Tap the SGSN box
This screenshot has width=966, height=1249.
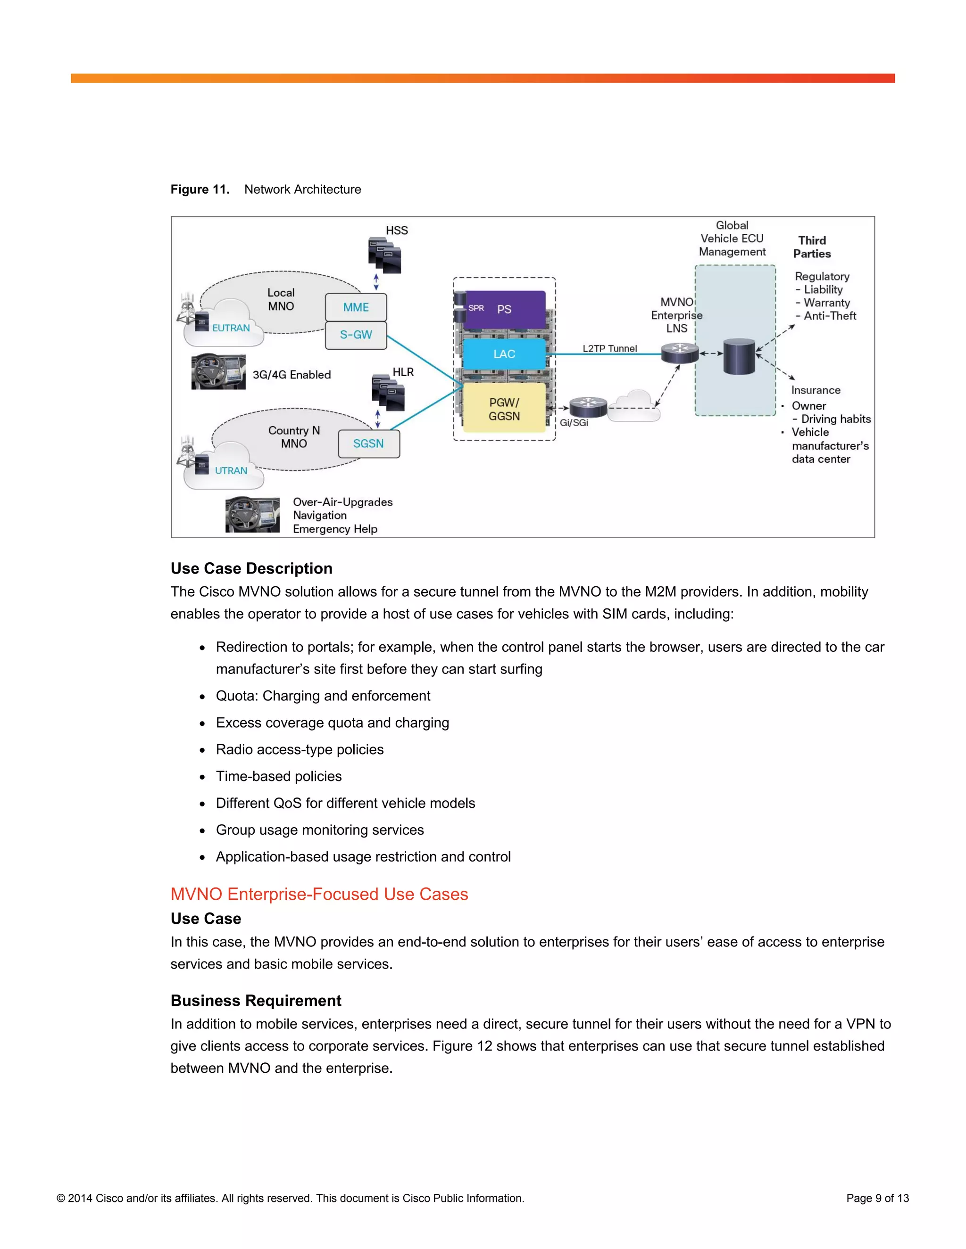click(x=368, y=444)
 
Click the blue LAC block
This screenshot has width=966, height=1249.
click(x=504, y=354)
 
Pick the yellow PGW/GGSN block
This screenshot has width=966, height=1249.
click(x=504, y=409)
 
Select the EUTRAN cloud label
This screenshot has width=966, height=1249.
click(x=231, y=328)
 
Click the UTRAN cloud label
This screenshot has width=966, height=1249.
click(x=231, y=471)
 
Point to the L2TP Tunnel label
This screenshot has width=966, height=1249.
click(x=609, y=348)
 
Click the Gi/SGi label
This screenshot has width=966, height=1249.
click(x=574, y=423)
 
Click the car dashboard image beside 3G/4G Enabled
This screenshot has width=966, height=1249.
click(x=218, y=372)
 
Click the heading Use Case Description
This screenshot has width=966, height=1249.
click(x=251, y=568)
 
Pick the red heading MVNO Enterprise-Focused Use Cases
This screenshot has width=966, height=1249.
click(x=319, y=894)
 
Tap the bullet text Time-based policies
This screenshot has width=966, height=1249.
click(x=279, y=776)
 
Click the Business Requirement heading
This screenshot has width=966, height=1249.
click(x=256, y=1001)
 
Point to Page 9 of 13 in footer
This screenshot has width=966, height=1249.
click(x=877, y=1198)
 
